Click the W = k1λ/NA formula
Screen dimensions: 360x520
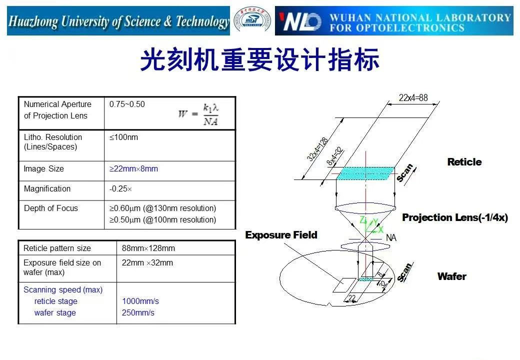[199, 114]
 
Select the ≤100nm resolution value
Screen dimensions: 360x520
[123, 137]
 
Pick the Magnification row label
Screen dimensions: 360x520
[47, 189]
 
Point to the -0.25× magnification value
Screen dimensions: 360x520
[120, 189]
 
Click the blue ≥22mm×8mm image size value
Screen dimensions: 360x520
[133, 169]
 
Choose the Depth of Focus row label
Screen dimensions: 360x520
[51, 208]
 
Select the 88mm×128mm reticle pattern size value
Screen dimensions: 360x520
[148, 248]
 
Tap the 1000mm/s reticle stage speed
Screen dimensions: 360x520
[140, 301]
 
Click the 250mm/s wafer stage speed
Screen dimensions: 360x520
[138, 313]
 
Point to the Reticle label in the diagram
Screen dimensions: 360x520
[464, 162]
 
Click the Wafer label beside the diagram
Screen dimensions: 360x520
[452, 276]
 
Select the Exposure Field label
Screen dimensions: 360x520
[281, 235]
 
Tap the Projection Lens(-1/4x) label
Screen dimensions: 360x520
[455, 217]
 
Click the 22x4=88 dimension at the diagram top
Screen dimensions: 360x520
[413, 98]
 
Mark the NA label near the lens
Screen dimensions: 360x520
[391, 238]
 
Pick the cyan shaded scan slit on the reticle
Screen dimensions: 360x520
[365, 173]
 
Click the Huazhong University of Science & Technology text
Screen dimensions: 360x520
[118, 21]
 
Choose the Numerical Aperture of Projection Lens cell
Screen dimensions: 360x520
[57, 110]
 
